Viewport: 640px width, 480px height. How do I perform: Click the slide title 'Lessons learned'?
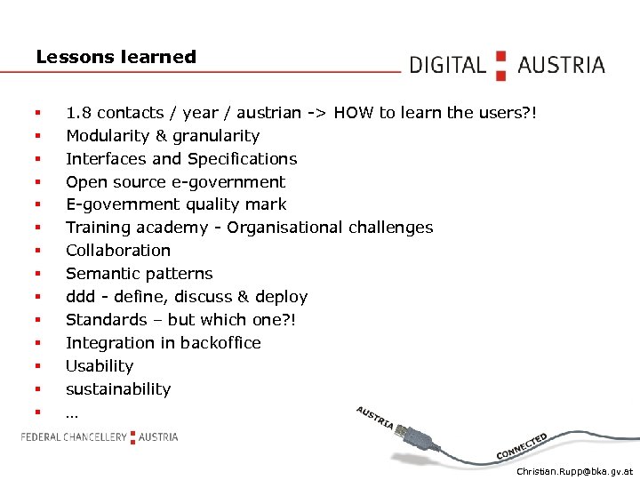pos(116,57)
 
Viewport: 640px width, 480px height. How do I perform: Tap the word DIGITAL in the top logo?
pos(448,65)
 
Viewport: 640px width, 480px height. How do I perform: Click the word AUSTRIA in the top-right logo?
pos(561,65)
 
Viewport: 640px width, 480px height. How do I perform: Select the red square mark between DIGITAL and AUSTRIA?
pos(501,65)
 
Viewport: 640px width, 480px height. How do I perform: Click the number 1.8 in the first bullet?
pos(78,113)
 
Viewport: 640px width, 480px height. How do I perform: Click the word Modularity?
pos(106,136)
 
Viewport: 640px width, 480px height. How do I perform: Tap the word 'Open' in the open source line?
pos(86,182)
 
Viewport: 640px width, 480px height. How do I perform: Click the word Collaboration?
pos(118,251)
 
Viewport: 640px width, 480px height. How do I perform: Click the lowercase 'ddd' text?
pos(80,297)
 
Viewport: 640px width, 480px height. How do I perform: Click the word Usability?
pos(100,366)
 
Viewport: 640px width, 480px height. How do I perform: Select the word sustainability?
pos(118,389)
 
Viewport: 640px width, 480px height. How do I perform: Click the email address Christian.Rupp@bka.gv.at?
pos(574,471)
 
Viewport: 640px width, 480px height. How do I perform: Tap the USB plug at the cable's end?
pos(413,435)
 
